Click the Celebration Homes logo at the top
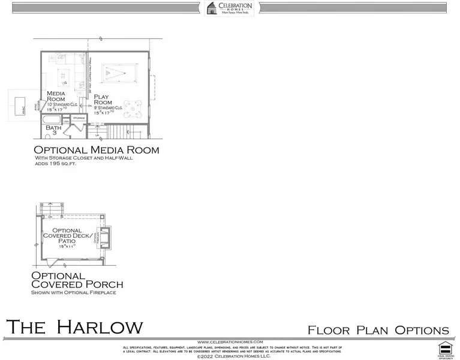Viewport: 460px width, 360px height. pos(230,8)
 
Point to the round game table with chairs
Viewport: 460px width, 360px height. pos(133,107)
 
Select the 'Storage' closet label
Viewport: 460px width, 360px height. pos(79,118)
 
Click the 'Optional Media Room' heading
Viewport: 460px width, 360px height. pos(96,150)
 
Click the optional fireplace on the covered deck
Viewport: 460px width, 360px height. pos(106,238)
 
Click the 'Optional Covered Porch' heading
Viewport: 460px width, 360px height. pos(77,280)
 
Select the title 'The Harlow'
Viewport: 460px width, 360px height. pos(74,327)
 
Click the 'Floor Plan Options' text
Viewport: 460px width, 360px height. pos(378,330)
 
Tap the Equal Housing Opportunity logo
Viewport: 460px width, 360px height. pos(444,347)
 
